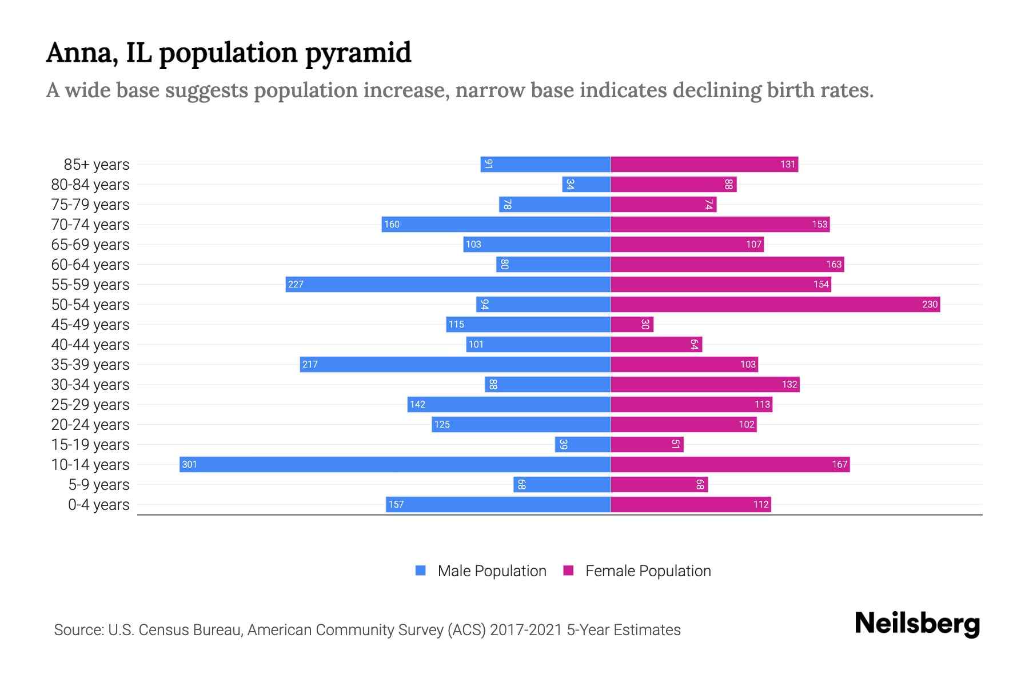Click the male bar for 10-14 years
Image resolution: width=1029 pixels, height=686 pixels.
pos(394,464)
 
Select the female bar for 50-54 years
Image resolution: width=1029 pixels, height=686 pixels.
pos(775,304)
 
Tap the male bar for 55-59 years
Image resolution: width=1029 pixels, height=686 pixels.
pos(448,284)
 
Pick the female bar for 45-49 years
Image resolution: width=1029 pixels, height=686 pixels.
pos(632,324)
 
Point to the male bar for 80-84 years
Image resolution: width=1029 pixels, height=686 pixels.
pos(587,184)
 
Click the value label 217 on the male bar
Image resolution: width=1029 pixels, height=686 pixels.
pos(310,364)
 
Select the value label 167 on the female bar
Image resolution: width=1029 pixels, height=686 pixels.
pos(839,464)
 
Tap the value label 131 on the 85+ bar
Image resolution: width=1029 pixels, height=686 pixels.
pos(788,164)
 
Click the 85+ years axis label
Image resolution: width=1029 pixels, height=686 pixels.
pos(96,164)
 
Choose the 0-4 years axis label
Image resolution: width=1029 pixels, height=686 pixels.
pos(98,504)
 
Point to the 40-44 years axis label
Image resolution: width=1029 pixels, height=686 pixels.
pos(90,344)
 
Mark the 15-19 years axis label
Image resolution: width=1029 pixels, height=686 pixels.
pos(90,444)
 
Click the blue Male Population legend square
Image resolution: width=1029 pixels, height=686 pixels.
pos(421,571)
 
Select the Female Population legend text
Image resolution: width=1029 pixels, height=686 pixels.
pos(648,571)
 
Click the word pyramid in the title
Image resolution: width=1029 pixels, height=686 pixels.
pos(357,53)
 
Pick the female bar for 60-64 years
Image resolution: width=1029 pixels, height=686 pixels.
pos(727,264)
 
